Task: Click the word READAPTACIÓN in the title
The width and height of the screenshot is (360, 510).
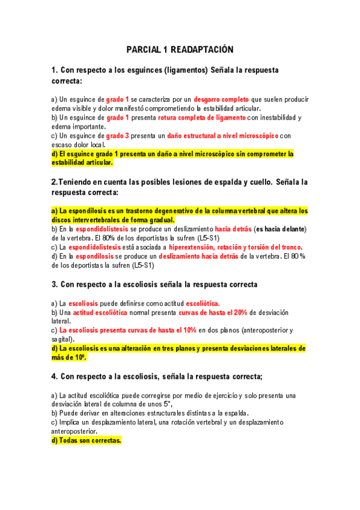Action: (x=199, y=49)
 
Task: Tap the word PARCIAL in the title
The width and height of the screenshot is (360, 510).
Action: (x=141, y=49)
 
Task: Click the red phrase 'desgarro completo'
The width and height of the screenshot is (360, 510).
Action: (x=221, y=99)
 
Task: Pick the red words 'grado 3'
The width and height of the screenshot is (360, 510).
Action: (x=118, y=135)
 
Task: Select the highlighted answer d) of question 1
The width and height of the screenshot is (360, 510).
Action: (x=171, y=158)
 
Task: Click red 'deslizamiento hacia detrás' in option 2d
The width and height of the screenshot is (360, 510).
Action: (x=198, y=256)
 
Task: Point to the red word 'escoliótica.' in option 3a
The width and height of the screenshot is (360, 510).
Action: (x=203, y=304)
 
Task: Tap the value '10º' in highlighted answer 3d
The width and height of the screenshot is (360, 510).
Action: (x=80, y=357)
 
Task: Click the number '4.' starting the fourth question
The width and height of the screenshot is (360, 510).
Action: (x=54, y=376)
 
